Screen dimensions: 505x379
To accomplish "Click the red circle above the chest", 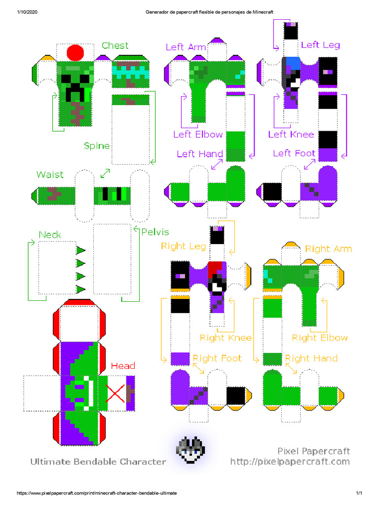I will (x=76, y=52).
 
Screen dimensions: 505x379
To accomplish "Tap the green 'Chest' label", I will (x=115, y=45).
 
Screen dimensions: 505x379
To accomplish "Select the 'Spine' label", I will (x=97, y=145).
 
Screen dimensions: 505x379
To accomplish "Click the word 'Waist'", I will (x=50, y=175).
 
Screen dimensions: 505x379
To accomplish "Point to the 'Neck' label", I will (x=50, y=235).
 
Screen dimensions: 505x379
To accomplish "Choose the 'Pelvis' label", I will (x=155, y=232).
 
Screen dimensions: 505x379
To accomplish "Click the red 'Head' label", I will (x=123, y=366).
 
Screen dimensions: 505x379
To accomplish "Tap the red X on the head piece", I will (x=115, y=394).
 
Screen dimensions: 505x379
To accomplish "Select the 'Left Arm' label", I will (x=186, y=47).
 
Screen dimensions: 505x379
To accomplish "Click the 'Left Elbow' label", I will (x=198, y=134).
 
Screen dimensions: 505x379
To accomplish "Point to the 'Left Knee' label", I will (x=291, y=134).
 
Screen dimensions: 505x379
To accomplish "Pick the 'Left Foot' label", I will (x=294, y=153).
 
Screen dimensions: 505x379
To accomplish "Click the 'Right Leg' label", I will (x=184, y=246).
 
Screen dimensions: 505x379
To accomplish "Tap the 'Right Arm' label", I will (x=328, y=249).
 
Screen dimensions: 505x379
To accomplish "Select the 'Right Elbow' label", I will (x=320, y=338).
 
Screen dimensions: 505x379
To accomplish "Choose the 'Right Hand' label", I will (x=311, y=358).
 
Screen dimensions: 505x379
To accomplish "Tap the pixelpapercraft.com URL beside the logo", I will (x=290, y=462).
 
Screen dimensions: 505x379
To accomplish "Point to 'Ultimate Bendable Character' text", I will (x=98, y=462).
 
